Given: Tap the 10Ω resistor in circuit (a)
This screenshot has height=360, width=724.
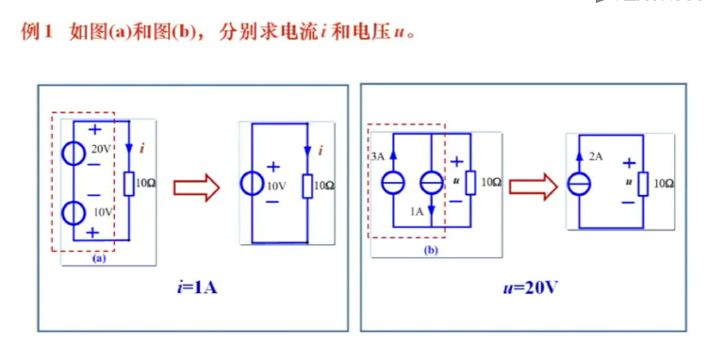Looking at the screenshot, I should pos(128,183).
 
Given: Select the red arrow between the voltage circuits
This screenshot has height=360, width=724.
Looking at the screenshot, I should pos(196,187).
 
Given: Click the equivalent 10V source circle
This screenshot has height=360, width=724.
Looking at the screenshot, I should pos(252,184).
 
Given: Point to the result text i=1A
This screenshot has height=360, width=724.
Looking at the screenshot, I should pos(189,286).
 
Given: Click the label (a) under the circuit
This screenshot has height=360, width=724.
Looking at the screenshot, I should pos(98,256).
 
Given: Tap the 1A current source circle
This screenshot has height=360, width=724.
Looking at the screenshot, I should pos(431,182).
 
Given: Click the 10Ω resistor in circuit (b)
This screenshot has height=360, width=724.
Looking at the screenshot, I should pos(470,182).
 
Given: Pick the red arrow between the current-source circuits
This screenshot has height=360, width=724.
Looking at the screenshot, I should pos(532,184).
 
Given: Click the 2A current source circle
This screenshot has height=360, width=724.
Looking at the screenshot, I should pos(578,182).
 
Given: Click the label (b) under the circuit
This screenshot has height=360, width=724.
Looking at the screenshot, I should pos(431,251).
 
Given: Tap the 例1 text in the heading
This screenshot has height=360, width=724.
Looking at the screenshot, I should pos(37,31).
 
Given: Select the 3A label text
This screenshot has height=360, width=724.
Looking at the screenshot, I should pos(377,156).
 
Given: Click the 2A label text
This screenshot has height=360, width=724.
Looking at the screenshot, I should pos(596,156).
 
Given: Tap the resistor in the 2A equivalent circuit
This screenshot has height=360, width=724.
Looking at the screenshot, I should pos(643,182).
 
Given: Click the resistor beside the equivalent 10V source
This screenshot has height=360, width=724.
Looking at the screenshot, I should pos(306,185).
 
